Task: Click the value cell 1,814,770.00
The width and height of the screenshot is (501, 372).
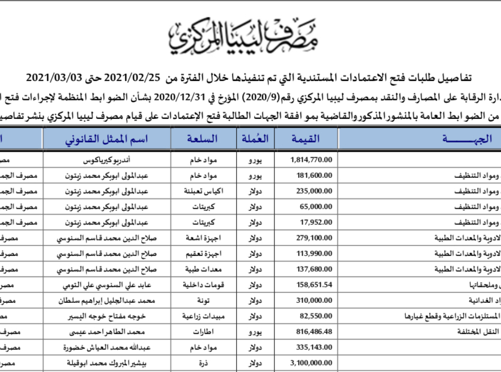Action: click(311, 160)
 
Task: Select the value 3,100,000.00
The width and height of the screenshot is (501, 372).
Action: click(311, 363)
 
